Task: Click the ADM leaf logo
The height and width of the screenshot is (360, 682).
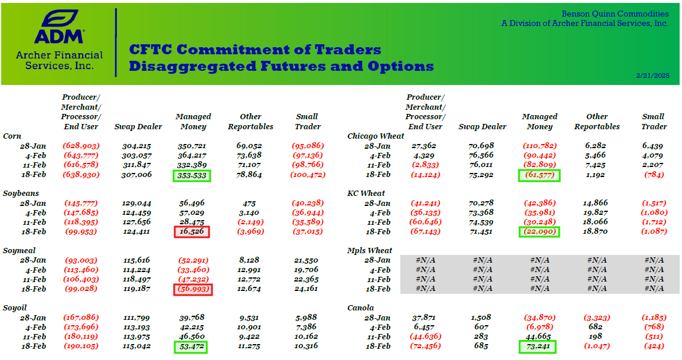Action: (59, 19)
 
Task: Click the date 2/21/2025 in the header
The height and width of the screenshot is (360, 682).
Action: (652, 76)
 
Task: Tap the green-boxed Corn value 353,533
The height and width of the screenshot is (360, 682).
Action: (192, 176)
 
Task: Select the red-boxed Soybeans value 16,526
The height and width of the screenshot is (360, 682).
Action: (192, 232)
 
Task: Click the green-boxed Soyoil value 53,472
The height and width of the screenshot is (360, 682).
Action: (191, 347)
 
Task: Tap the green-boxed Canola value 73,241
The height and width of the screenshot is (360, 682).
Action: (537, 347)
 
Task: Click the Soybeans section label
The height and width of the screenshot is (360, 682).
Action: (21, 194)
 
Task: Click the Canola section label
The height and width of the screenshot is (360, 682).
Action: (361, 308)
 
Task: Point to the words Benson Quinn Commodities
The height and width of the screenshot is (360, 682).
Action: (615, 14)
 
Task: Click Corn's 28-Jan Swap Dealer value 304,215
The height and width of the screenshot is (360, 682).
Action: (136, 146)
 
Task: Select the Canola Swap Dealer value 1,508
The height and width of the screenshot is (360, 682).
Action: (481, 318)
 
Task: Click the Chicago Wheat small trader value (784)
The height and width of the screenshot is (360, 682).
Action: (654, 175)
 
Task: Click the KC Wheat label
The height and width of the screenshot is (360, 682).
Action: (366, 194)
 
